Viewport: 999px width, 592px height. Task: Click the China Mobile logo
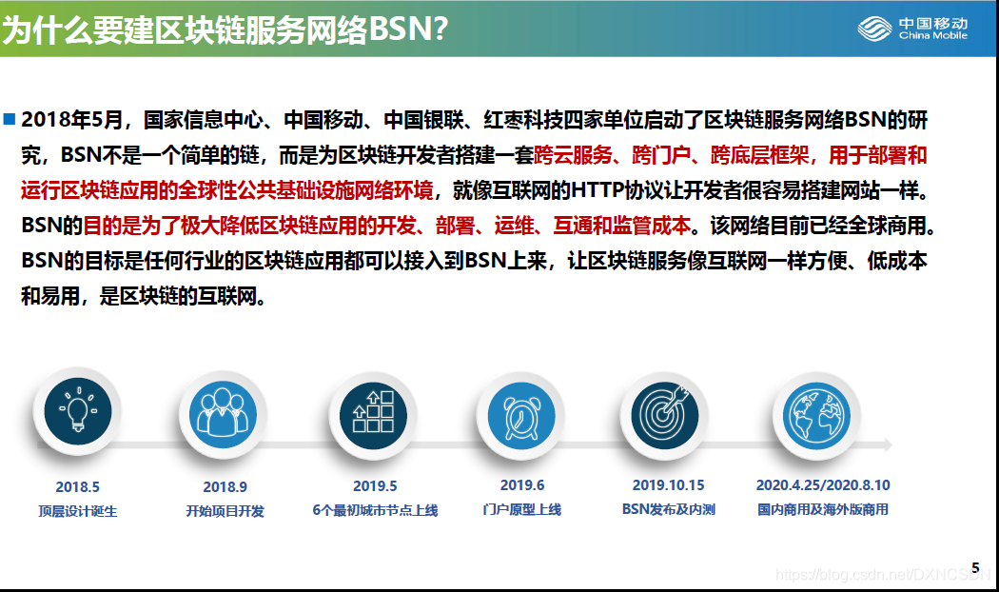912,29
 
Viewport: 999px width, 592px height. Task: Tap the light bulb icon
78,411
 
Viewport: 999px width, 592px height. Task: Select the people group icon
223,414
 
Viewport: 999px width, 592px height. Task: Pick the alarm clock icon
521,416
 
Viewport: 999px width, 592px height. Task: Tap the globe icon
816,416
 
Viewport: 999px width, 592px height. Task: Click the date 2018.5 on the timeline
78,487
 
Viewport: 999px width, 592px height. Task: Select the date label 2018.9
225,487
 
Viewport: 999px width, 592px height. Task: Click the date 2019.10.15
668,485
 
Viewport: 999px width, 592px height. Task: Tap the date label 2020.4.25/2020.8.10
823,485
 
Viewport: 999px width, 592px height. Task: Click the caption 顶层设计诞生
78,511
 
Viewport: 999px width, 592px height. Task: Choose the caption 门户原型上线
521,510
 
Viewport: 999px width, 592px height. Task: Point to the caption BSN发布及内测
668,510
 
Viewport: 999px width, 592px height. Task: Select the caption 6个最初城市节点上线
375,510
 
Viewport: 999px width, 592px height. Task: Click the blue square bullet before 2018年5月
10,119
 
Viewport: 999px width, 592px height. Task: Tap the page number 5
975,568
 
